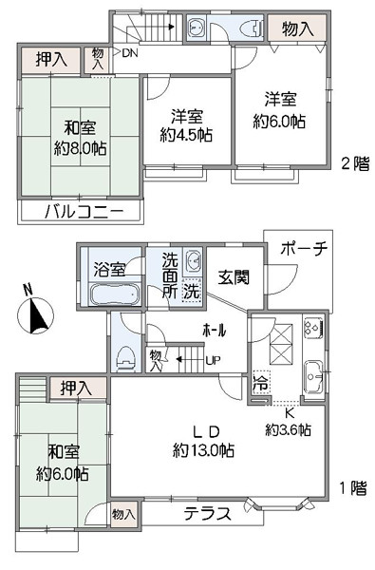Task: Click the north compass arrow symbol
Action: click(x=36, y=315)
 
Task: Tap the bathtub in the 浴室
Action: click(x=115, y=294)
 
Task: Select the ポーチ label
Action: click(x=304, y=249)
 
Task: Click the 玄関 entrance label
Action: click(x=234, y=277)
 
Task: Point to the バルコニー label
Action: click(x=84, y=211)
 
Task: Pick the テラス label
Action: click(x=208, y=514)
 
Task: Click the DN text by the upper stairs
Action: click(x=130, y=53)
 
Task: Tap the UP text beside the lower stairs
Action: click(x=214, y=361)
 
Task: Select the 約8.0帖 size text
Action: click(x=81, y=148)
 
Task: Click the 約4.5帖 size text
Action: click(x=186, y=135)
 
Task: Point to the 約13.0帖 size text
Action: click(x=203, y=450)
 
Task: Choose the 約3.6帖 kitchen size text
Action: click(x=288, y=430)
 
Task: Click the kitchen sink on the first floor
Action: click(x=314, y=377)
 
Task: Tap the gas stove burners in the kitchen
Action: click(x=313, y=327)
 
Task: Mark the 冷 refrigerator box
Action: click(x=262, y=383)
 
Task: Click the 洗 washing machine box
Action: click(x=191, y=291)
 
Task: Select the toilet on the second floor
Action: click(x=252, y=28)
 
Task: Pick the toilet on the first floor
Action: click(x=125, y=358)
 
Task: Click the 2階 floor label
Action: click(x=355, y=163)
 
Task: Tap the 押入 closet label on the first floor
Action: click(x=76, y=389)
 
